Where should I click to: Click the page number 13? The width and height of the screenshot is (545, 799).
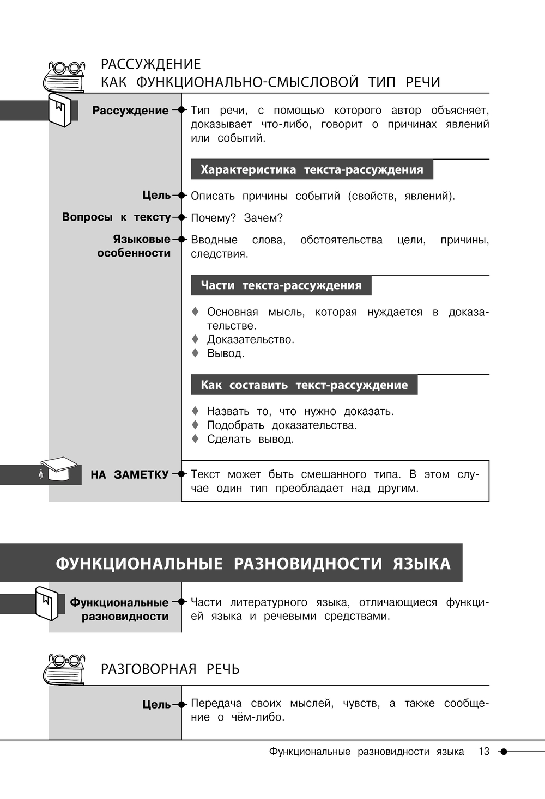point(484,752)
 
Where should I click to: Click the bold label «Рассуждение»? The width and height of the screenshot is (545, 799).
point(130,111)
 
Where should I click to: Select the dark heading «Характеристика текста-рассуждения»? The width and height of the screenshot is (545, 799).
point(311,169)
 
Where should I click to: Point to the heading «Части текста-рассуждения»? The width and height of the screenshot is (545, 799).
point(281,285)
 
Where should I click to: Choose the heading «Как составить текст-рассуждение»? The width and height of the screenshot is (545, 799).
point(304,385)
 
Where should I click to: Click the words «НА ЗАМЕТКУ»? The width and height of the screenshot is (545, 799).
point(130,475)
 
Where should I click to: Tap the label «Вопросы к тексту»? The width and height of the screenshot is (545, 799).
point(116,217)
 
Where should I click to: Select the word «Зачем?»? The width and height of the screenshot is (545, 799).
point(263,218)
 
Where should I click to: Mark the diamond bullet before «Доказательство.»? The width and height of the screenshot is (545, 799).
point(195,339)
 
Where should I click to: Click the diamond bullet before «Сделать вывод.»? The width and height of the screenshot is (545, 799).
point(195,439)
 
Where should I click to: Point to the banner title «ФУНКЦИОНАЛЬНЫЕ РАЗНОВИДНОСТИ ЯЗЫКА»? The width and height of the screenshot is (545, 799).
point(253,563)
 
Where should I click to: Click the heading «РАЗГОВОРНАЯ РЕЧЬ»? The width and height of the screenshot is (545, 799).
point(170,669)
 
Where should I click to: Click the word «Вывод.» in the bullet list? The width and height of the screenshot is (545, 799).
point(226,353)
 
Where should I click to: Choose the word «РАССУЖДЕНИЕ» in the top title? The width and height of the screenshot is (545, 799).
point(150,64)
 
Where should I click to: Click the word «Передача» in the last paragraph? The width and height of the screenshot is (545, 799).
point(216,704)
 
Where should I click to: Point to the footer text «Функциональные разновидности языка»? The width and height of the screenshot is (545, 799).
point(366,752)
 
